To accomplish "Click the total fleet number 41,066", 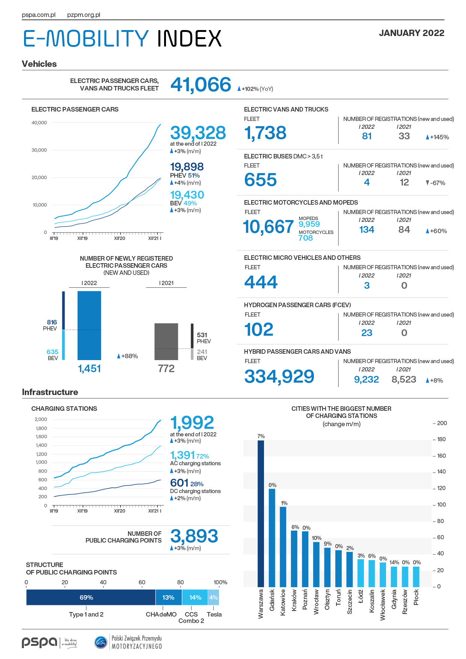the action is (201, 84).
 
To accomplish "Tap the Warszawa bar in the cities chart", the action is (261, 513).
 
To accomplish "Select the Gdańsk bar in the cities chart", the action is (272, 538).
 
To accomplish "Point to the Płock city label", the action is (416, 597).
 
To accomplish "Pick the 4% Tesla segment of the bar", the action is (213, 597).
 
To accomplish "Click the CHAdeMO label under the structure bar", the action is (161, 614).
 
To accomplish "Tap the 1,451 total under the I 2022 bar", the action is (89, 368).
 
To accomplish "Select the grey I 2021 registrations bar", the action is (166, 342).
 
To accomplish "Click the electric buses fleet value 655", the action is (261, 179).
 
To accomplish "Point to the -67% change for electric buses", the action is (436, 183).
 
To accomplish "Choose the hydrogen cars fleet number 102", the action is (259, 329).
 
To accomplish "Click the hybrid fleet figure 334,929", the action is (279, 376).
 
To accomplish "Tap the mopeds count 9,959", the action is (309, 224).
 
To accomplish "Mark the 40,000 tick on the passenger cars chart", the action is (39, 122).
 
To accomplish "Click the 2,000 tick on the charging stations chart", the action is (41, 419).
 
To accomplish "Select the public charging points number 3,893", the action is (194, 536).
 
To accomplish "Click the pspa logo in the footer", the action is (39, 642).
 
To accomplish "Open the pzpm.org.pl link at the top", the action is (84, 15).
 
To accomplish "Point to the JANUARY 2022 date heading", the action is (412, 33).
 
